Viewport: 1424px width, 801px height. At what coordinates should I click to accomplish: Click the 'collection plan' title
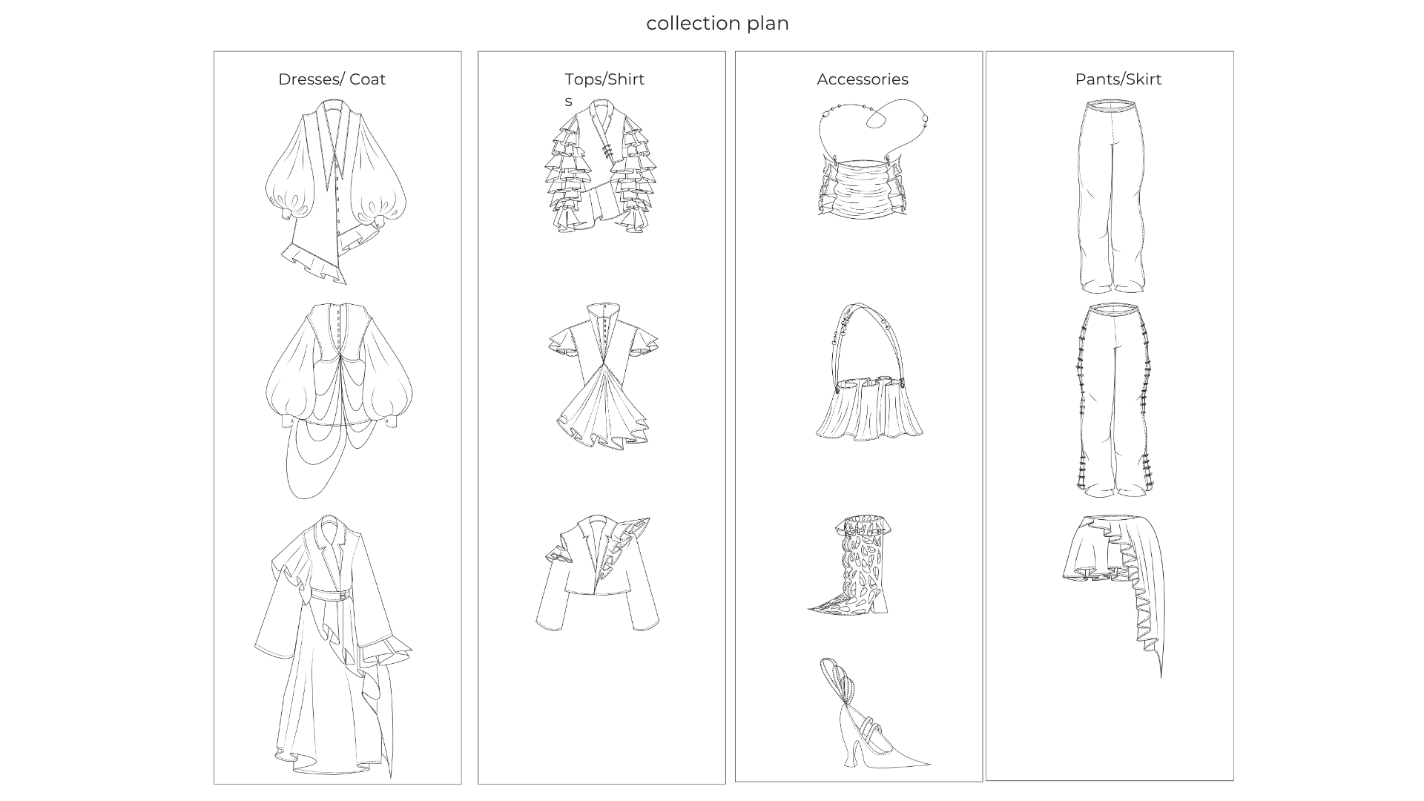[717, 23]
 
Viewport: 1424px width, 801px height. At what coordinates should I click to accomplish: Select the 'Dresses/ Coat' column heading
[332, 79]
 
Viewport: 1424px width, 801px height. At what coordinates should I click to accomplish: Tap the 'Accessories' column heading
[862, 79]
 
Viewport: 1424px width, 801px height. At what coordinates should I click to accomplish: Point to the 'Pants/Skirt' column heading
[1118, 79]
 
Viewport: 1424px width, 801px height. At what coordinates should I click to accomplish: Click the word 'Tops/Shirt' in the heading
[604, 79]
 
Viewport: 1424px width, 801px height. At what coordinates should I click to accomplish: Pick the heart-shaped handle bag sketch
[864, 159]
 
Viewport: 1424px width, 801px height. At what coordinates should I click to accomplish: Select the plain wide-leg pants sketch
[1110, 197]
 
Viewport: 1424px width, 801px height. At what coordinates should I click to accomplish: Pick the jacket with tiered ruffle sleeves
[601, 167]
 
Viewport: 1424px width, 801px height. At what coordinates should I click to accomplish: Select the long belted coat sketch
[334, 645]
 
